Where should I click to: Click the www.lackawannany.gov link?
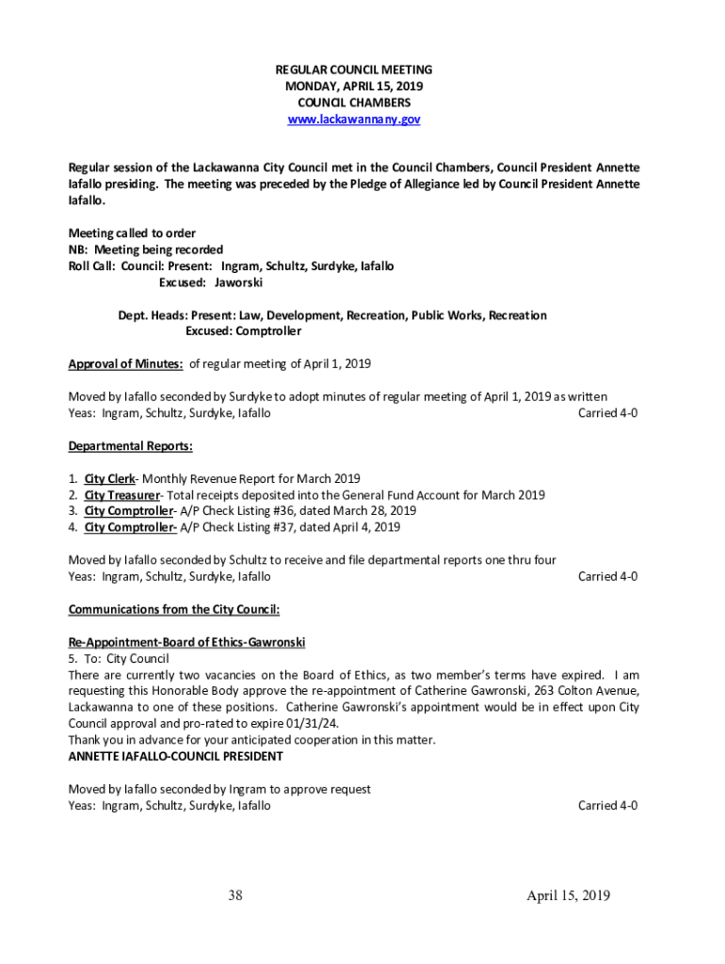pos(353,120)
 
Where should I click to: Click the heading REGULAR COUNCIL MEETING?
pos(353,71)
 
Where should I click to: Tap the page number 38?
pos(235,895)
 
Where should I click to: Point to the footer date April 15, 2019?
pos(568,895)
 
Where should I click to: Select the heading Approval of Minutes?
pos(126,363)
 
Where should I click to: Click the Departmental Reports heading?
pos(131,445)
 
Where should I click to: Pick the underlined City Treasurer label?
pos(121,494)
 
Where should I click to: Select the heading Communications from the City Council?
pos(174,609)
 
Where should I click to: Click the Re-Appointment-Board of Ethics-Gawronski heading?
pos(186,642)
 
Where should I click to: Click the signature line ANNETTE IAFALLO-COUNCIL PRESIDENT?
pos(175,756)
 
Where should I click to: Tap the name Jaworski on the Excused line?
pos(238,281)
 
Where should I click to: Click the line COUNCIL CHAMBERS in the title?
pos(353,103)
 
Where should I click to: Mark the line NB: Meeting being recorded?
pos(146,249)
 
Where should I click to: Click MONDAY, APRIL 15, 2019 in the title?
pos(353,87)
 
